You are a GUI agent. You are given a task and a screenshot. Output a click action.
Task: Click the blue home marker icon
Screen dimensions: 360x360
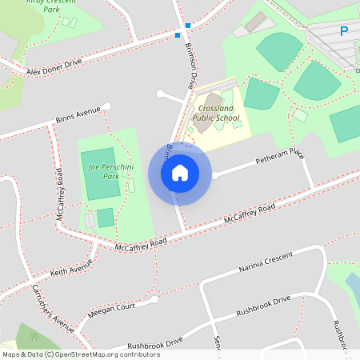(x=180, y=173)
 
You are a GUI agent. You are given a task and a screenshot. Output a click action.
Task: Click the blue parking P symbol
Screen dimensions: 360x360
(x=344, y=32)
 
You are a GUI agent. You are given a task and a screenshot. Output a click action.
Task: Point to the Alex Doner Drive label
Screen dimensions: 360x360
(x=54, y=66)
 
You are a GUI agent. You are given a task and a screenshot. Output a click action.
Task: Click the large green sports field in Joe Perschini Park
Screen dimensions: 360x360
(x=102, y=174)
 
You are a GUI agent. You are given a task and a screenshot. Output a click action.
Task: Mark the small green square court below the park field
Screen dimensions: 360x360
(x=106, y=218)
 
